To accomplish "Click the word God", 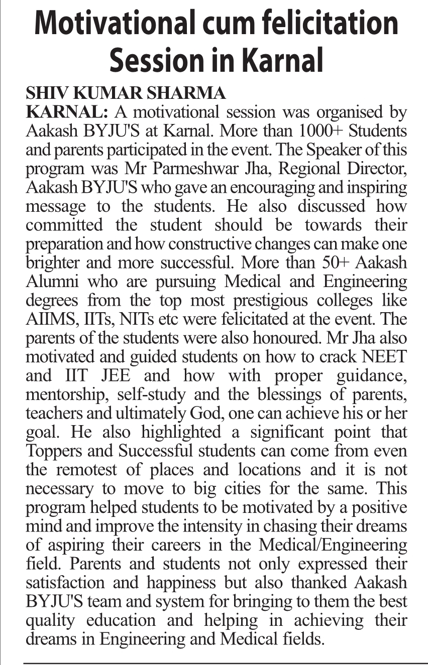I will pos(212,413).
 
